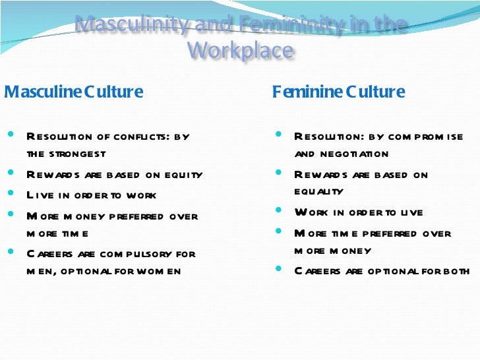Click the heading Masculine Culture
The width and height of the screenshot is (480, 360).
click(x=73, y=92)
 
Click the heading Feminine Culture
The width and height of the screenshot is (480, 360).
click(x=338, y=92)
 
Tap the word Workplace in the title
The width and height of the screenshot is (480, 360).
click(x=240, y=49)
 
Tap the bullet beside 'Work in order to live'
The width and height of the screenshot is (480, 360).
click(x=278, y=212)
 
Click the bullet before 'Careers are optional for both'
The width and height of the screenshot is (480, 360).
click(x=278, y=270)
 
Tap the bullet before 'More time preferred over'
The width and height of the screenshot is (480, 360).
click(x=278, y=232)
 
